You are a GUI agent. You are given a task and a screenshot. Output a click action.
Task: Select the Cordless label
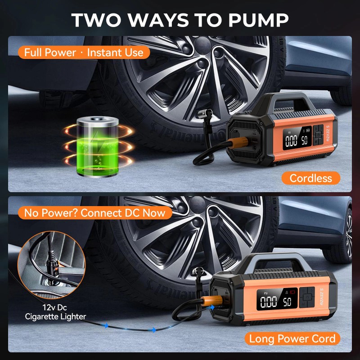pos(310,178)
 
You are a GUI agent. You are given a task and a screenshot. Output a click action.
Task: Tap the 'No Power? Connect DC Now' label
pos(95,212)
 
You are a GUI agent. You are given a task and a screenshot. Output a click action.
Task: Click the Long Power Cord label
pos(292,338)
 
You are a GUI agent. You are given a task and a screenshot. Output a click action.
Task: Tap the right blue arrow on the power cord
pos(153,330)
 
